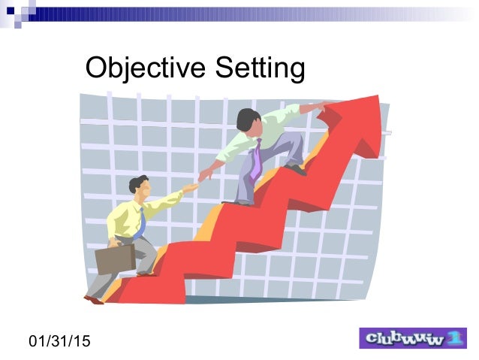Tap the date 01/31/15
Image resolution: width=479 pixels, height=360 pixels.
click(59, 341)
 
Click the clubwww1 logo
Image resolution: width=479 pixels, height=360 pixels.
click(413, 339)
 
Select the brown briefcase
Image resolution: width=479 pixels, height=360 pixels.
click(115, 258)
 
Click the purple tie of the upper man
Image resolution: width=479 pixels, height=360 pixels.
click(257, 159)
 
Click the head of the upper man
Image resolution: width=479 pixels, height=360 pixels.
click(249, 119)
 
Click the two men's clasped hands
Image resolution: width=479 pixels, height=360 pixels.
click(197, 180)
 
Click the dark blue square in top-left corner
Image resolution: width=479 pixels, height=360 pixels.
click(11, 11)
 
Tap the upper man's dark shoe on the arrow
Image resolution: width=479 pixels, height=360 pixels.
click(297, 170)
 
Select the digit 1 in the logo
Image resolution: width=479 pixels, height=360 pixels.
click(455, 339)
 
